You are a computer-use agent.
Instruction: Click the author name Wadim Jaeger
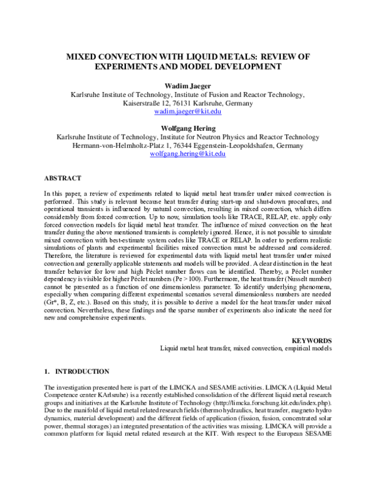188,85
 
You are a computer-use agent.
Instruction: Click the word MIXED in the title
86,56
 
